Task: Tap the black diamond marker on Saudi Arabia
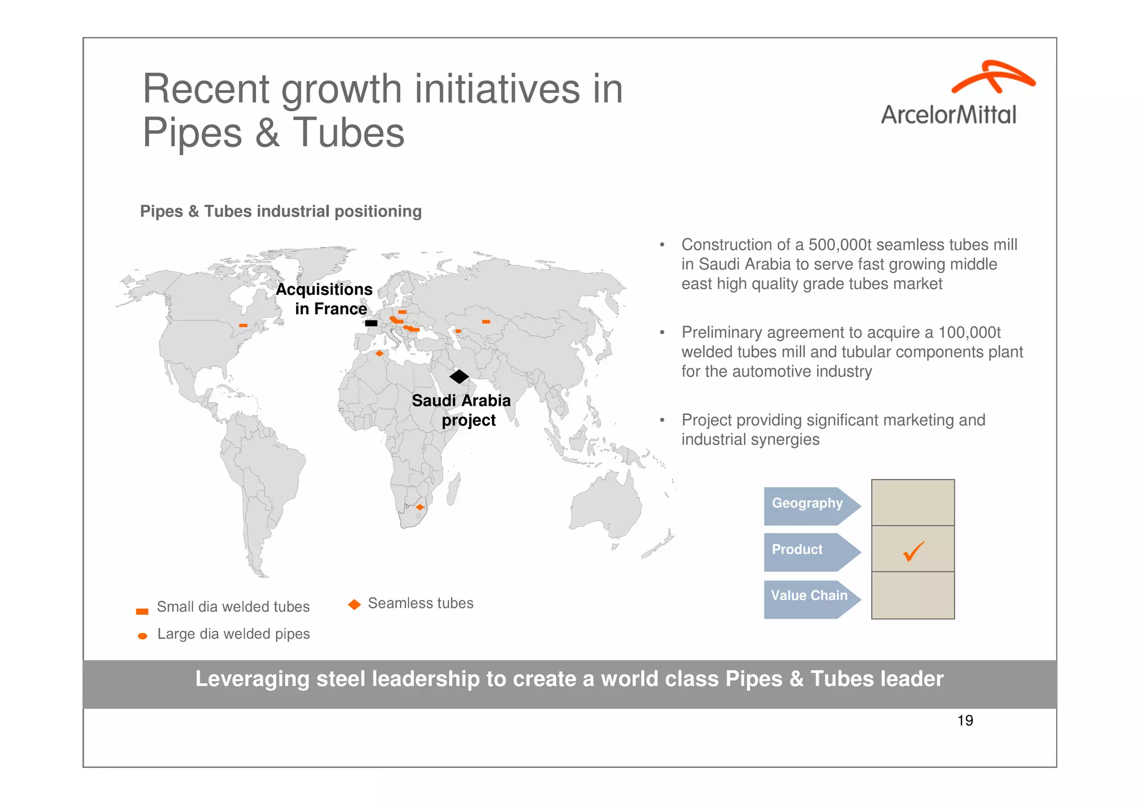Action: pos(459,377)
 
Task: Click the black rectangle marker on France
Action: pos(371,323)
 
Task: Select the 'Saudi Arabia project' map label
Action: pos(461,410)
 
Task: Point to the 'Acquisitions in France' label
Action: pos(324,299)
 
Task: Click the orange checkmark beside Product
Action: pos(913,551)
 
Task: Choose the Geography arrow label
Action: pos(808,504)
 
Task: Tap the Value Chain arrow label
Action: pos(809,596)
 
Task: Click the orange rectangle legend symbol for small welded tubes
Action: pos(142,611)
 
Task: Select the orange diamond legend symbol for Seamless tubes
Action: pos(355,604)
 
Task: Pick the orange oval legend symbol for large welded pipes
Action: pos(142,636)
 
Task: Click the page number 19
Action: pos(965,721)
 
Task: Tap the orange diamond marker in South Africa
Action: pos(420,507)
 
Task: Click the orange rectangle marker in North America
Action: pos(243,325)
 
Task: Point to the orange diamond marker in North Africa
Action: pos(380,353)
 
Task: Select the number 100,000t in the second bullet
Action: pos(969,333)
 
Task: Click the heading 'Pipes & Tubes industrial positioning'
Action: pos(281,211)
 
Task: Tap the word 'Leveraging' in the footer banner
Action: pos(252,679)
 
